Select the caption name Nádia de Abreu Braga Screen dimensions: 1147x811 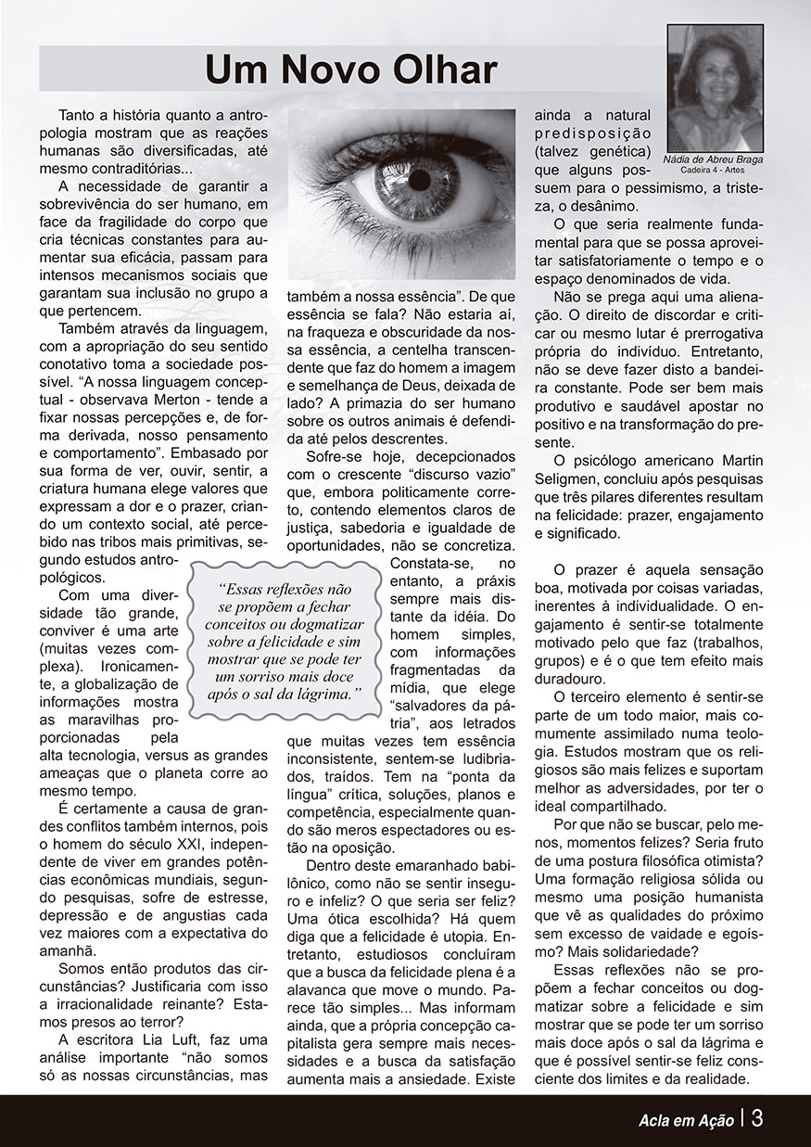tap(715, 160)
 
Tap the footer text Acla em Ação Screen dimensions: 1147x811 tap(685, 1119)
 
